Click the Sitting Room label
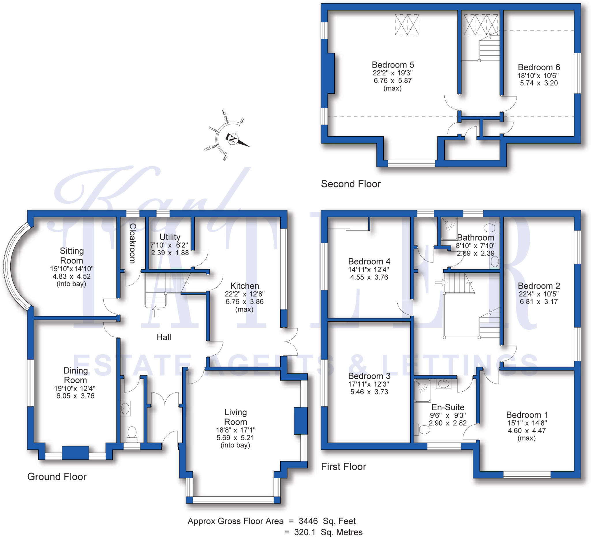[x=72, y=256]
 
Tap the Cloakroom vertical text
[x=132, y=243]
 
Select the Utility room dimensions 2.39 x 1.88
[x=170, y=253]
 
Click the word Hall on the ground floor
[x=164, y=337]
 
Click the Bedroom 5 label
[x=392, y=65]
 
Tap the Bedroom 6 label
[x=538, y=67]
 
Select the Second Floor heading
[x=351, y=184]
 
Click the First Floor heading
[x=343, y=467]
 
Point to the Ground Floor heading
[x=57, y=477]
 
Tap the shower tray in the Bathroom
[x=449, y=228]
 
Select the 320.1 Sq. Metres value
[x=328, y=532]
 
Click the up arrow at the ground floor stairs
[x=156, y=312]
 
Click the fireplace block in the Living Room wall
[x=300, y=421]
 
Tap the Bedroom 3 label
[x=369, y=376]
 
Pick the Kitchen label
[x=244, y=286]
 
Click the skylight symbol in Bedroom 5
[x=407, y=25]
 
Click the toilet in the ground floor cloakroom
[x=132, y=434]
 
